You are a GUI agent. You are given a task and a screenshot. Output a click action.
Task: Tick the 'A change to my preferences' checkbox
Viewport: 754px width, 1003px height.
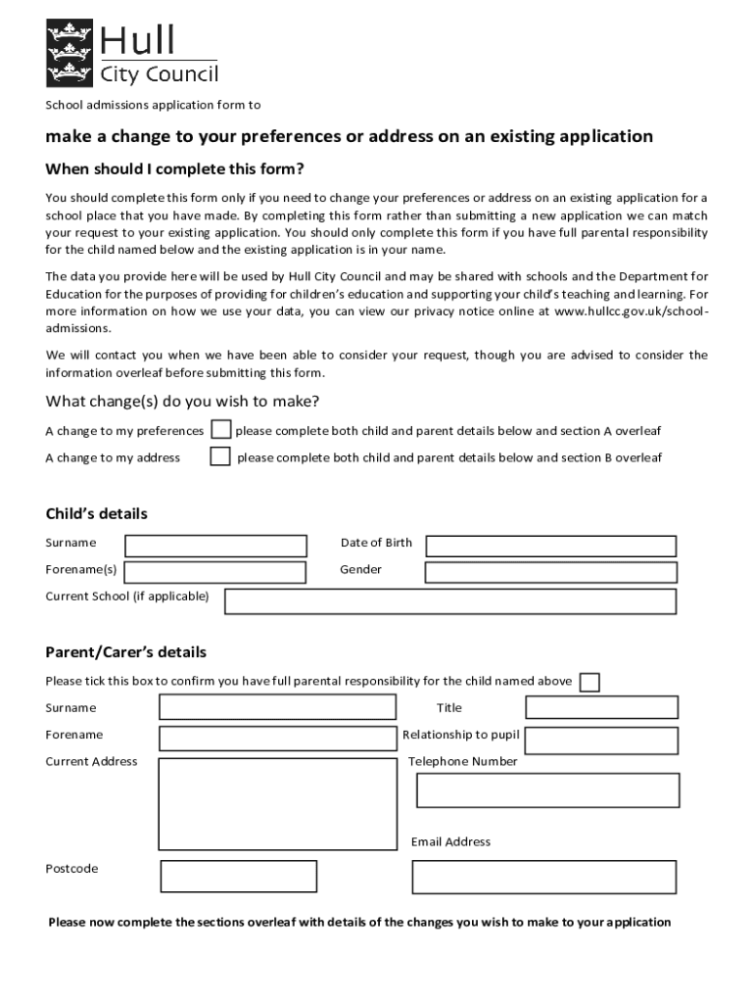[221, 430]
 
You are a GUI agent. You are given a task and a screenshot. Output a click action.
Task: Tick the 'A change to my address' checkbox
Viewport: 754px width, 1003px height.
[220, 456]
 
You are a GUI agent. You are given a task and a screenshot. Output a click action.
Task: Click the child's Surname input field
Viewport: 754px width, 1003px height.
[215, 546]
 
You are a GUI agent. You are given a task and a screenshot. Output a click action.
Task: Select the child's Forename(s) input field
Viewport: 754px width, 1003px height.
[215, 572]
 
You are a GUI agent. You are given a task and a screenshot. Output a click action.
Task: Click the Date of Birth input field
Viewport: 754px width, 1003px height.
[550, 546]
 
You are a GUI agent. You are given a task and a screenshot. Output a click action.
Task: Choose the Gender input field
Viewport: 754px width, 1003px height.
[550, 572]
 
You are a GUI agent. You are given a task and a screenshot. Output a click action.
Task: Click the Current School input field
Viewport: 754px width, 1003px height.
[449, 600]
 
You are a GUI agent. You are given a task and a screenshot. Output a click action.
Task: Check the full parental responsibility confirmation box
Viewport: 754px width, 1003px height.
[589, 682]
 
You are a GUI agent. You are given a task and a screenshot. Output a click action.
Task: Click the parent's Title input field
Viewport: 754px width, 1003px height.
[601, 707]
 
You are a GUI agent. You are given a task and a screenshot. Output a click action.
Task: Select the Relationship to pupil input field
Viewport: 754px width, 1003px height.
[601, 735]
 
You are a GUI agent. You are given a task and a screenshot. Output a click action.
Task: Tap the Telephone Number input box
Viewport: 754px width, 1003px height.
[547, 789]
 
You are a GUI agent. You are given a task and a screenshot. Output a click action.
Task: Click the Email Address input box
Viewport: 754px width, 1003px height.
[543, 877]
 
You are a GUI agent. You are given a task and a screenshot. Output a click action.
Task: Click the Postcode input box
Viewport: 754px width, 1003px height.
[238, 876]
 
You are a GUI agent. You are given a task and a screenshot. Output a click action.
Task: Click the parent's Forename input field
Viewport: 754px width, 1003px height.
[277, 738]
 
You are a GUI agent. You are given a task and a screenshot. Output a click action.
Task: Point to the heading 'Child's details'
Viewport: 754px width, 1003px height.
[96, 513]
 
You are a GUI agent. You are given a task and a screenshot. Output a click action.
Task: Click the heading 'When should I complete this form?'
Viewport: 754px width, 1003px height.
[174, 168]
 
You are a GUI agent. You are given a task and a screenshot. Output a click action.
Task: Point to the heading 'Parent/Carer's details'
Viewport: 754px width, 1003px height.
[125, 652]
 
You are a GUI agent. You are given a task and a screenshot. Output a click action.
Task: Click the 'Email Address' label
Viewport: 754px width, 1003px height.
[450, 841]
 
